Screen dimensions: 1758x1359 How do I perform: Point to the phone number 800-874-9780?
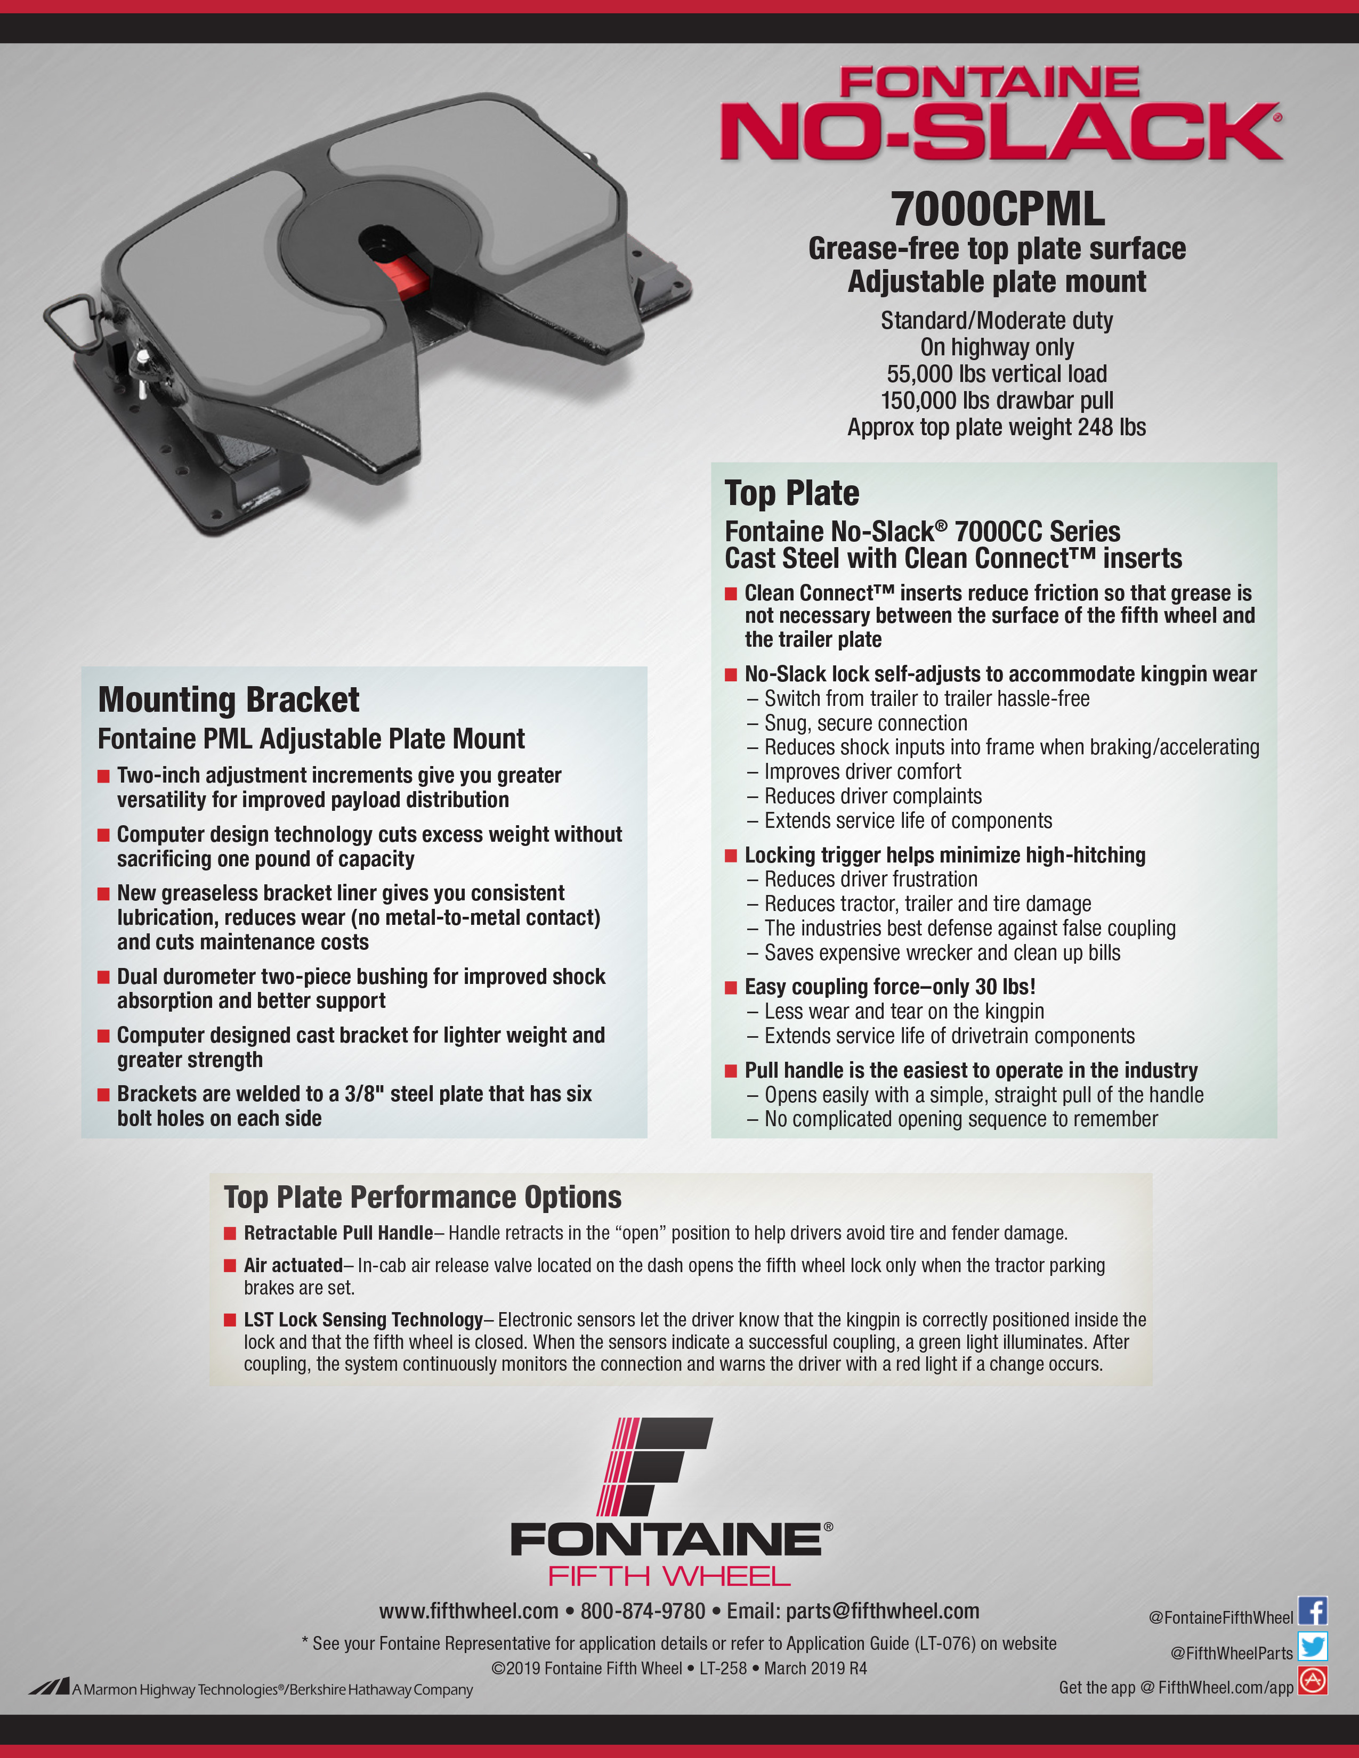(x=643, y=1610)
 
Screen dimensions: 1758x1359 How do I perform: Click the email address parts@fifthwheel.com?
(x=883, y=1610)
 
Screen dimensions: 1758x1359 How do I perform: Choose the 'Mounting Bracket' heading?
(x=229, y=699)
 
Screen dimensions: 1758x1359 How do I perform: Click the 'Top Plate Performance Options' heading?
(x=423, y=1197)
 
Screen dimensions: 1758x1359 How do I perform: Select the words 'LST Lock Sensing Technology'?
(x=363, y=1320)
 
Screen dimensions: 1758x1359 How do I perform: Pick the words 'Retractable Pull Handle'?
(x=338, y=1232)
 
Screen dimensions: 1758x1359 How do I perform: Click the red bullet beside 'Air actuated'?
(x=230, y=1265)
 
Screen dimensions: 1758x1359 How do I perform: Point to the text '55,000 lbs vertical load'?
(x=997, y=373)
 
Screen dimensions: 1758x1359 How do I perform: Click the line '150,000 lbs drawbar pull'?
(x=997, y=400)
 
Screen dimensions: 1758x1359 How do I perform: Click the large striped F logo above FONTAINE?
(x=654, y=1466)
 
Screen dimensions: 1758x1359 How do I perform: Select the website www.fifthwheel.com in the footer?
(x=468, y=1610)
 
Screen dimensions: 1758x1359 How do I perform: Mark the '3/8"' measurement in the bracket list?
(x=363, y=1094)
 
